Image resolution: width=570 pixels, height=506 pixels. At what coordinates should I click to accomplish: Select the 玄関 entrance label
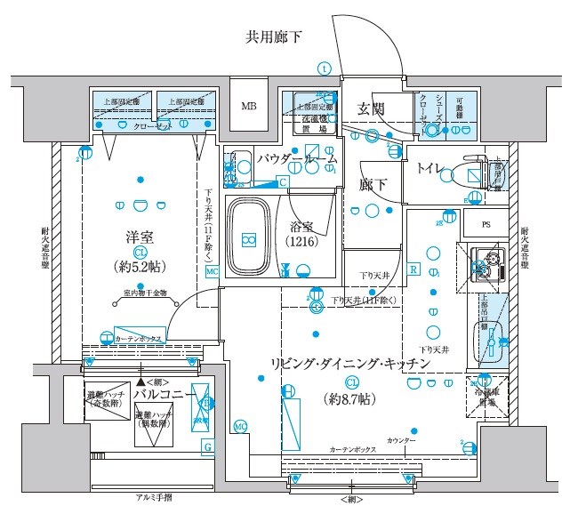[x=370, y=110]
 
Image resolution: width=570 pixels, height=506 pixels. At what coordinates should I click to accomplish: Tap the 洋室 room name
[x=140, y=237]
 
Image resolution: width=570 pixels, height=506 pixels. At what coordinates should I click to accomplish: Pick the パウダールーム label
[x=297, y=159]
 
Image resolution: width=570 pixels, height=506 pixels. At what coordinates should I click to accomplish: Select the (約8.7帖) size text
[x=351, y=398]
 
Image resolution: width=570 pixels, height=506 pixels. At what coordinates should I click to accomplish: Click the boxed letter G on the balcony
[x=207, y=446]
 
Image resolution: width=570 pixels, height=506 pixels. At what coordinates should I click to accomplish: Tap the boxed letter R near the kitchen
[x=413, y=269]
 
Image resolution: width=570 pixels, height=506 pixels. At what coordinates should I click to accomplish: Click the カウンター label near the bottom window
[x=401, y=441]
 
